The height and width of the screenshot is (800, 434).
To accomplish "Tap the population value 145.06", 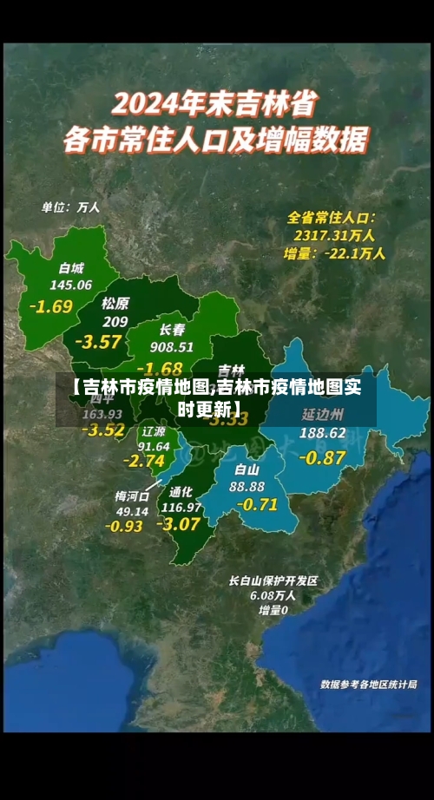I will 71,284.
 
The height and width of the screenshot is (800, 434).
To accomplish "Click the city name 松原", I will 115,303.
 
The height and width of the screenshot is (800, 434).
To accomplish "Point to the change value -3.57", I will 98,341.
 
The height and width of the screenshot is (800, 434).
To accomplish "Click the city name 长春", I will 172,330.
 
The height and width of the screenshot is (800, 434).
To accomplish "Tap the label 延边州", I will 323,413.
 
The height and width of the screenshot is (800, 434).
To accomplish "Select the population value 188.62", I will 323,432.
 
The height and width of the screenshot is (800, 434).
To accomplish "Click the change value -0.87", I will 322,457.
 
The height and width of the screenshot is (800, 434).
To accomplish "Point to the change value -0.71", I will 257,504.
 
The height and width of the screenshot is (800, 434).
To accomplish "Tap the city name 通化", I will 181,490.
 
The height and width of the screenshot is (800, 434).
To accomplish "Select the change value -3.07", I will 181,523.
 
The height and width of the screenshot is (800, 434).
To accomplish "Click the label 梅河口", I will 132,495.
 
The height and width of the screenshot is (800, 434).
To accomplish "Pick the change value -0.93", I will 124,526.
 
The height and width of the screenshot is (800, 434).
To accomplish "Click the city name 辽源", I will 154,430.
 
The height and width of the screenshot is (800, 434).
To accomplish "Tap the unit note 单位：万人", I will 71,207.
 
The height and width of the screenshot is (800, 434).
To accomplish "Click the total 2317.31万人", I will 334,234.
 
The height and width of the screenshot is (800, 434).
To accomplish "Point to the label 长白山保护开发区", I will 274,580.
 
